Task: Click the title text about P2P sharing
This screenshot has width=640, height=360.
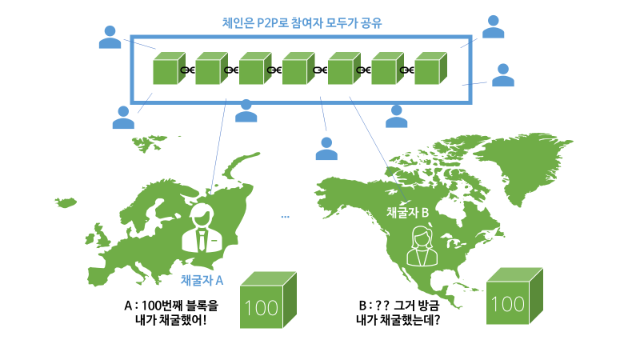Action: click(x=302, y=22)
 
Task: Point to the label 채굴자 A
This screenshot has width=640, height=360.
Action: click(x=202, y=280)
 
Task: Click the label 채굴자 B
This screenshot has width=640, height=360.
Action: click(x=408, y=212)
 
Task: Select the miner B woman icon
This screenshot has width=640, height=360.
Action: click(x=421, y=246)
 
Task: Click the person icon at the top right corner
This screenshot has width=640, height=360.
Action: click(x=494, y=27)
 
